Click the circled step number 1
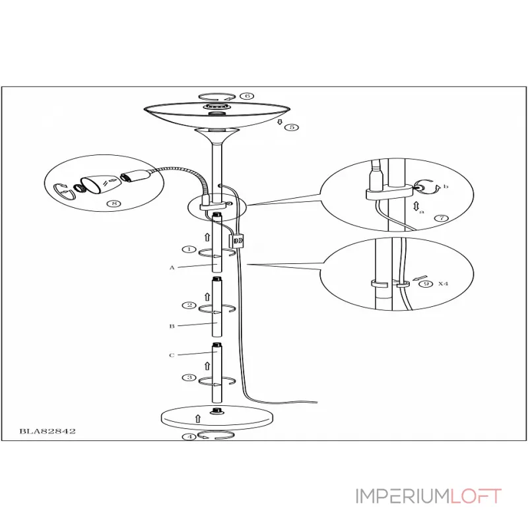click(189, 249)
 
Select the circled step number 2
click(189, 305)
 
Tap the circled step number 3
click(189, 378)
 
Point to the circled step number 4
click(189, 437)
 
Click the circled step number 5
click(292, 127)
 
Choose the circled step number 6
click(247, 96)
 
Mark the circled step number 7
click(442, 218)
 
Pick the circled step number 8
click(114, 203)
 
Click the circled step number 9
click(426, 284)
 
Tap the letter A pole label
click(172, 268)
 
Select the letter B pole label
click(172, 326)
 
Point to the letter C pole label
click(172, 355)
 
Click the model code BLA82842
click(48, 431)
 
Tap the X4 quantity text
click(443, 284)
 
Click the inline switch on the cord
click(237, 241)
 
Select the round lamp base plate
click(217, 418)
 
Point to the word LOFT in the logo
click(476, 496)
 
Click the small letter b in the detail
click(445, 186)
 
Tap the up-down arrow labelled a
click(416, 206)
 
